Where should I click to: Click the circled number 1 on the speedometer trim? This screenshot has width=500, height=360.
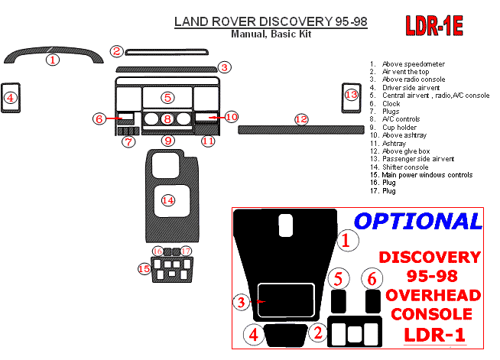point(52,59)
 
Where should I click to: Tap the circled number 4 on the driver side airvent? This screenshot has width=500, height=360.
point(10,97)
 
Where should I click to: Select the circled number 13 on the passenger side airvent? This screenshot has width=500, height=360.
point(351,95)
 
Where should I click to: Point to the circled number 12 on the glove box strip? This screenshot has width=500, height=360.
point(301,119)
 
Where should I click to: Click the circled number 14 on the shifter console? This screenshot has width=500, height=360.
point(167,199)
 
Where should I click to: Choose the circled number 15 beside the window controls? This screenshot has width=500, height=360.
point(144,268)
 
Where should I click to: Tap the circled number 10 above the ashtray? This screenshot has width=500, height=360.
point(231,117)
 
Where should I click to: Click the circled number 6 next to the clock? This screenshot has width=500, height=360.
point(99,118)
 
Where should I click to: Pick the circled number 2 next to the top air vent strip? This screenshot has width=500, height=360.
point(116,51)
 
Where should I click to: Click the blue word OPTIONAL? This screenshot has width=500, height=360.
point(418,222)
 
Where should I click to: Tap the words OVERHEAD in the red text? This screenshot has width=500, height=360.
point(433,296)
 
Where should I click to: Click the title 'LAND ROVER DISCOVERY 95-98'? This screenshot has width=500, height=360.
point(271,23)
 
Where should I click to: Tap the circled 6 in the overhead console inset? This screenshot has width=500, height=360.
point(372,278)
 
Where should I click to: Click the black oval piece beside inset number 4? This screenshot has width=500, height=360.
point(284,333)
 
